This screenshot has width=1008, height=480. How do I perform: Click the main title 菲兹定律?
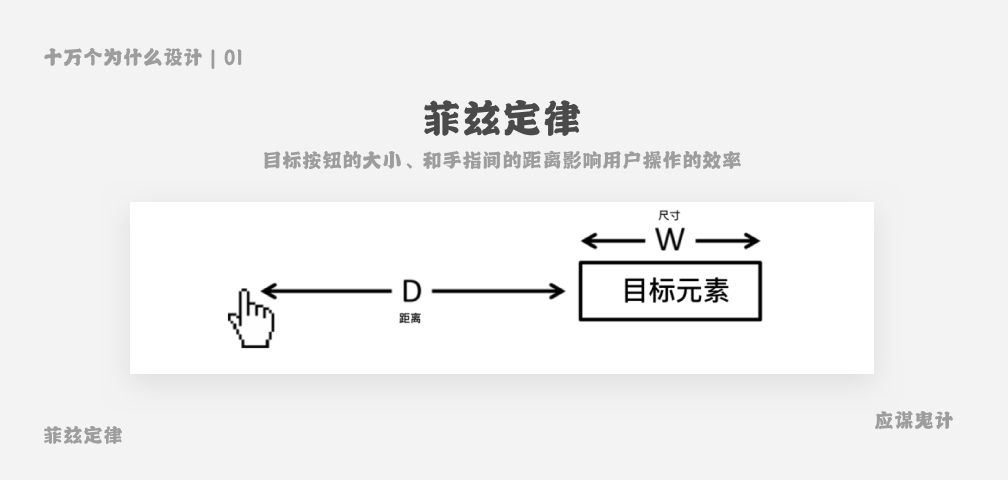click(x=501, y=119)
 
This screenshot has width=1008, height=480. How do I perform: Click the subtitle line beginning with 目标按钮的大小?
click(x=501, y=160)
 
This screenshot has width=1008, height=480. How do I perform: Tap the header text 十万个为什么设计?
click(x=123, y=58)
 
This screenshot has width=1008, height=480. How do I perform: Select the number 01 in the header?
click(x=233, y=58)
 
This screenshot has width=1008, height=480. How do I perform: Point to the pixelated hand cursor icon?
click(x=251, y=318)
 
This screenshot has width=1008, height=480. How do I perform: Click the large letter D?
click(x=412, y=291)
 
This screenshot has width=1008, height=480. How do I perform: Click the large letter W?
click(x=670, y=240)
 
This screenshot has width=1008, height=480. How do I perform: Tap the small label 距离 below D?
click(x=410, y=318)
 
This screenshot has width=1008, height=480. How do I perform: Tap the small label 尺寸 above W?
click(x=669, y=215)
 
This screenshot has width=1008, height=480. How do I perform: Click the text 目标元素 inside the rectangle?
click(x=676, y=291)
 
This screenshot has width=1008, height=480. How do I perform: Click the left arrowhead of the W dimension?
click(x=589, y=241)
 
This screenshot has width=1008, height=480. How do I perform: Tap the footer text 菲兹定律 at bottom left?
click(x=83, y=435)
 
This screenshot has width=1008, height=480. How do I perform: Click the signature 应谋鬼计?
click(x=914, y=420)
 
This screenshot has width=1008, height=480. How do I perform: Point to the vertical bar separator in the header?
click(x=213, y=58)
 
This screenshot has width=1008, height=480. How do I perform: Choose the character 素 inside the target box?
click(x=716, y=291)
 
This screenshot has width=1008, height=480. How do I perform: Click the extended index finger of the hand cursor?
click(x=244, y=302)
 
